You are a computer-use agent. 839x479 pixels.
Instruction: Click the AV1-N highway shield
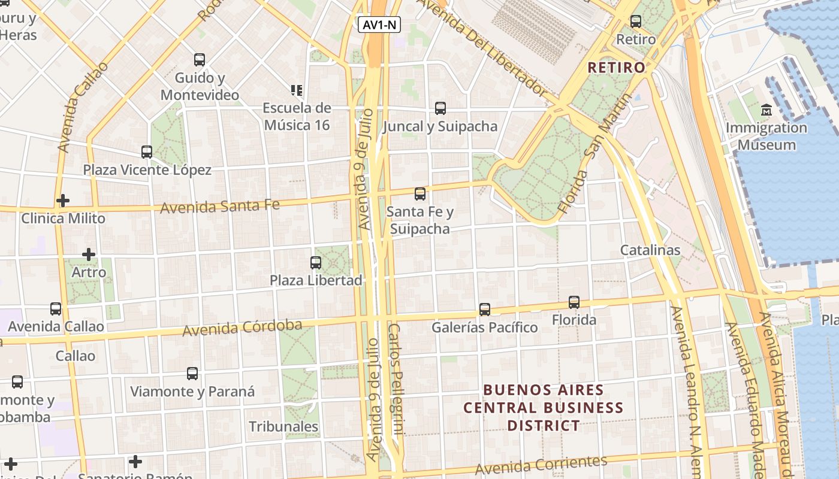pos(379,25)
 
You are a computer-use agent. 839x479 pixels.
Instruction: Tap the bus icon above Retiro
pos(636,22)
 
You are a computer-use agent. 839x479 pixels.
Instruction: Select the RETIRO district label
pos(616,67)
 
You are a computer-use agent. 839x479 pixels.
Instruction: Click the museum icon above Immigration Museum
pos(766,110)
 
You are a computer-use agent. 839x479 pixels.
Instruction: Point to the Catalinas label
pos(650,250)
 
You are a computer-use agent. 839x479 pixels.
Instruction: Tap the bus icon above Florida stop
pos(574,302)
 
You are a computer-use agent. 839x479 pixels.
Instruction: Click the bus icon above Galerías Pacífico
pos(485,310)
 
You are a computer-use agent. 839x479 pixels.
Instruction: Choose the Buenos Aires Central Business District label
pos(544,408)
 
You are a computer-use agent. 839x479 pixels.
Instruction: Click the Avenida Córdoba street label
pos(242,328)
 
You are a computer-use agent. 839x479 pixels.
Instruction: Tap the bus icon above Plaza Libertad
pos(316,262)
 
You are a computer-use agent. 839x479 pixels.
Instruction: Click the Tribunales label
pos(283,426)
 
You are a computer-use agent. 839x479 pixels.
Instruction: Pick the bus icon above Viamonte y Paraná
pos(192,374)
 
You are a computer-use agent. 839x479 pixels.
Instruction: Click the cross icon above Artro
pos(89,254)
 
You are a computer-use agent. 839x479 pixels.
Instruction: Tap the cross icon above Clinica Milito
pos(63,201)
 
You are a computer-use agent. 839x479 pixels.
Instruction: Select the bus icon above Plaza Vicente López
pos(147,152)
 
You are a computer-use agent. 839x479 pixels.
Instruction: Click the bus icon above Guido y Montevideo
pos(200,60)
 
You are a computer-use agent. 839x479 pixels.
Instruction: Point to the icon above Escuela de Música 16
pos(297,90)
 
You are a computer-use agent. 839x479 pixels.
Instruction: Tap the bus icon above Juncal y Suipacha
pos(440,108)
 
